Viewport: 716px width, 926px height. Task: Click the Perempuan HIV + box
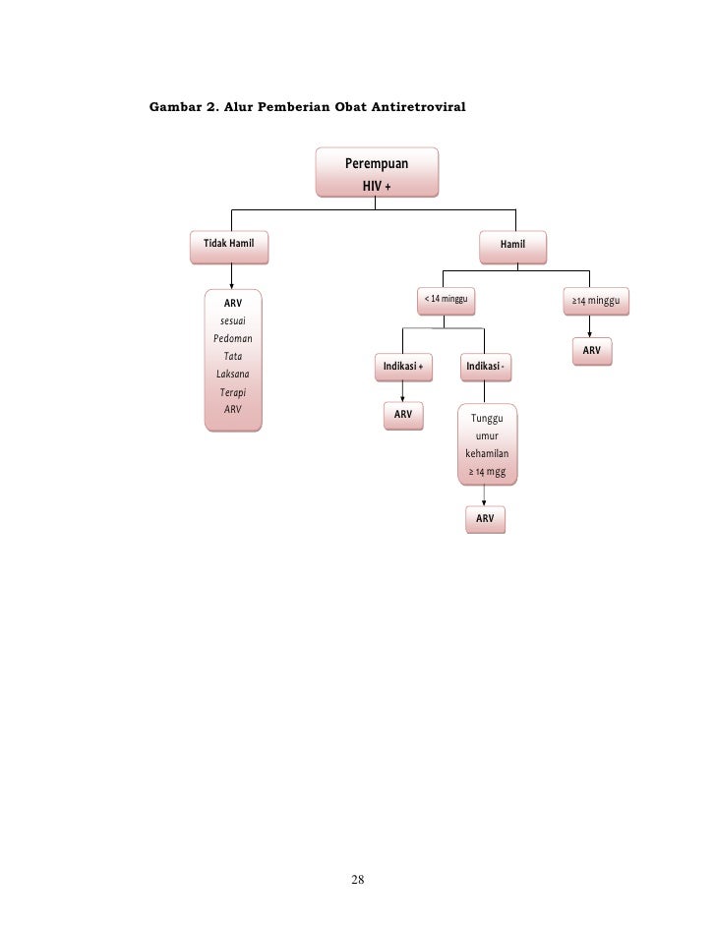click(377, 173)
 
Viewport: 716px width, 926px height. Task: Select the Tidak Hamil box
click(228, 243)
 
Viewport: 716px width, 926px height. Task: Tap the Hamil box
click(512, 244)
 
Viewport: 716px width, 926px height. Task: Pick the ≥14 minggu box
click(595, 299)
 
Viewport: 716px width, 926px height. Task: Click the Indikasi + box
click(403, 367)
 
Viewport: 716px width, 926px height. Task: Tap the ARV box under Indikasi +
click(403, 415)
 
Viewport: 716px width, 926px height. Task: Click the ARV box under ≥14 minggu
click(591, 351)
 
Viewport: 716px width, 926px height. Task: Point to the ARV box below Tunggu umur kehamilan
click(485, 518)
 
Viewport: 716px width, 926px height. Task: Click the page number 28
click(358, 879)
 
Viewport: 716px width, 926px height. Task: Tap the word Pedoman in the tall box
click(233, 339)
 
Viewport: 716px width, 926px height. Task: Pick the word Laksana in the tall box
click(233, 375)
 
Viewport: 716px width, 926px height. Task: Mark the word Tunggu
click(487, 420)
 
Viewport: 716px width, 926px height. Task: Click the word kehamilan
click(487, 454)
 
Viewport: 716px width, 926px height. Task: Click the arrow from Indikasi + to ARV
click(403, 391)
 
